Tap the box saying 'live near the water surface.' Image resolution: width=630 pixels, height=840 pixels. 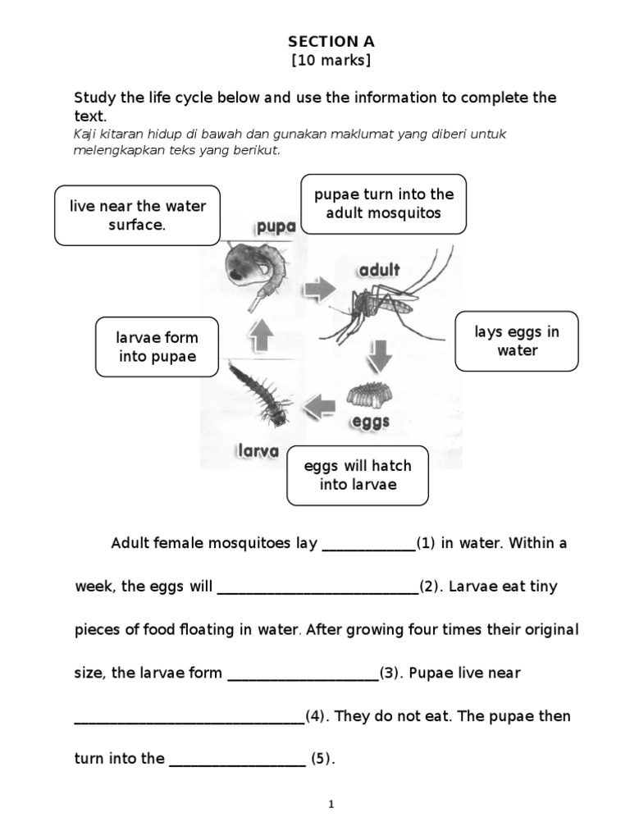[137, 216]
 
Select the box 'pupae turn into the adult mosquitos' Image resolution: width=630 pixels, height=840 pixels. [384, 203]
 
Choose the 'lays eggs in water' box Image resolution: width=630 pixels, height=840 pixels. [517, 341]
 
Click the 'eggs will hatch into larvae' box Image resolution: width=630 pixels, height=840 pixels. [357, 475]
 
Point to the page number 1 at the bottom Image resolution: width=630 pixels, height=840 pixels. [331, 805]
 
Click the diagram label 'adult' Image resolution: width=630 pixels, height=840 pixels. [378, 270]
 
